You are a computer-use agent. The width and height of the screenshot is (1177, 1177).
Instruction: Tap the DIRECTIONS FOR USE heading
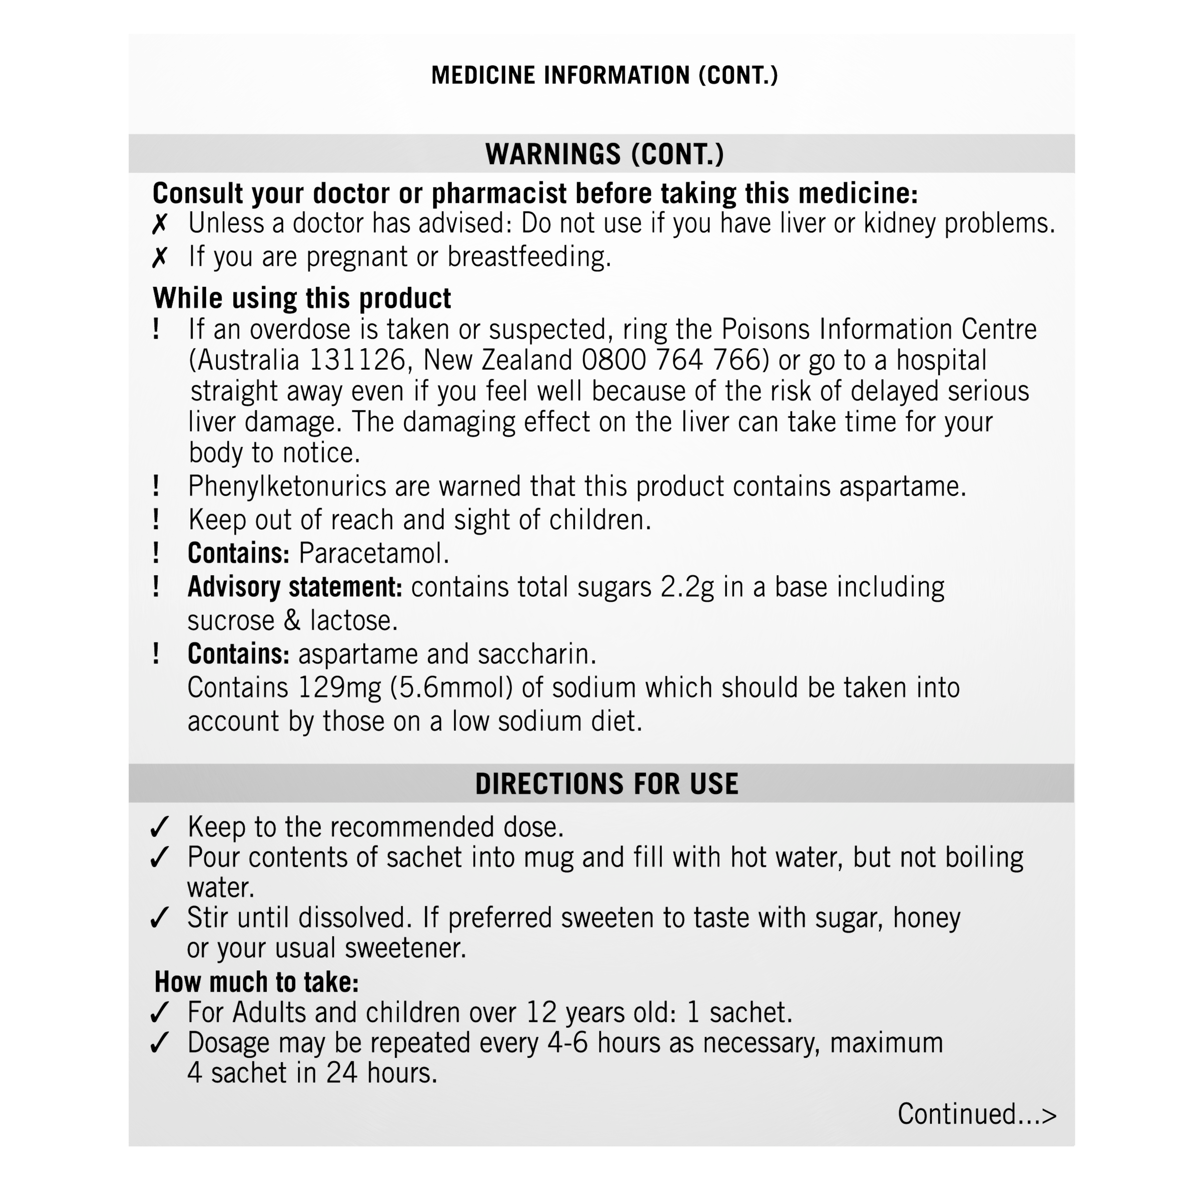coord(606,784)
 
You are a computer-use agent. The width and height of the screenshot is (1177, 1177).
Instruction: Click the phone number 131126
coord(358,360)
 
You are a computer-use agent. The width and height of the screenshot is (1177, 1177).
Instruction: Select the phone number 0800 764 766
coord(671,360)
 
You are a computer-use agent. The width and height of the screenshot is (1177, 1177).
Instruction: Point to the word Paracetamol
coord(373,553)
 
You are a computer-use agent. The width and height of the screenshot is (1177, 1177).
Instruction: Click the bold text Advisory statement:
coord(295,588)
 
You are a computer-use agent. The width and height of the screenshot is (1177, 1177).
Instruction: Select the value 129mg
coord(339,688)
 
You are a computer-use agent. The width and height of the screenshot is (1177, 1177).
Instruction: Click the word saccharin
coord(537,654)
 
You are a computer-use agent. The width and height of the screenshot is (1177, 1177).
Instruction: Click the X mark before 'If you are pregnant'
coord(159,257)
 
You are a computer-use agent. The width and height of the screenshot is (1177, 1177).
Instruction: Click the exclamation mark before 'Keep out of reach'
coord(156,520)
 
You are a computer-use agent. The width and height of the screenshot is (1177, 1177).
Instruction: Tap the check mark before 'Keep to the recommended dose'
coord(159,827)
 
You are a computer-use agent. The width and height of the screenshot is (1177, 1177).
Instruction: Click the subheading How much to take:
coord(256,982)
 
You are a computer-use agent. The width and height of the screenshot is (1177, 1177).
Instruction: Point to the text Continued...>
coord(976,1114)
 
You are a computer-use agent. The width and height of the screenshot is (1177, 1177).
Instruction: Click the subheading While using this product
coord(302,299)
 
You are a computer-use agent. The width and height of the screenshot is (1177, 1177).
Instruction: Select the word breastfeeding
coord(529,256)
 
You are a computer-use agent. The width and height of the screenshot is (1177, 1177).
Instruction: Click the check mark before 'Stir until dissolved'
coord(159,918)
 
